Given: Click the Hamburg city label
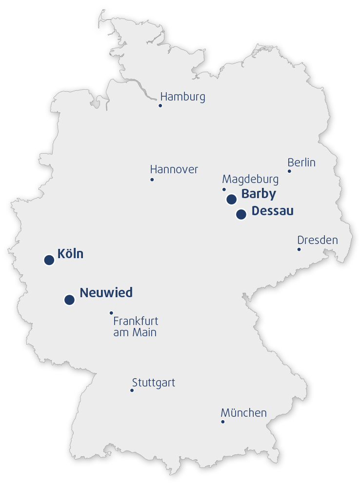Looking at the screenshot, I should (x=182, y=97).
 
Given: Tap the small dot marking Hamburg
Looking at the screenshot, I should (x=160, y=105).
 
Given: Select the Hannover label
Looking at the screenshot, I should (x=174, y=169).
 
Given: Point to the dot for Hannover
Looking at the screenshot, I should (x=152, y=180).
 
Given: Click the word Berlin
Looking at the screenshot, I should (x=301, y=163).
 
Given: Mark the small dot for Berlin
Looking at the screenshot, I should (x=289, y=171).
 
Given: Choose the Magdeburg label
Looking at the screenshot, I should (x=250, y=179).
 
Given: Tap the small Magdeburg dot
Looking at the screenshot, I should (x=224, y=189).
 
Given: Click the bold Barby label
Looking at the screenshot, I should (x=259, y=194).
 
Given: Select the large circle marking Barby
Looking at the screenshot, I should (x=232, y=199).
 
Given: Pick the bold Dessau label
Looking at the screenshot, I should (x=272, y=211).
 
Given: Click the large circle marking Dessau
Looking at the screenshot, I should (x=241, y=214).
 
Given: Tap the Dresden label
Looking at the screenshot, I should (x=318, y=240).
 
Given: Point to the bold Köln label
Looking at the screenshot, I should (x=70, y=254).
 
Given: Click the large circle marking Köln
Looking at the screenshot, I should (x=49, y=260).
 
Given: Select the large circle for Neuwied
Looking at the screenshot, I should (x=69, y=300).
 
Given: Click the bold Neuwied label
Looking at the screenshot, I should (x=106, y=293).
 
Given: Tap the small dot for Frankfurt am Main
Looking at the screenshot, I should (x=111, y=313).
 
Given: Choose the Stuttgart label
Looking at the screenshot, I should (x=153, y=383).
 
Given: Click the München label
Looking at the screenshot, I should (x=243, y=413).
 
